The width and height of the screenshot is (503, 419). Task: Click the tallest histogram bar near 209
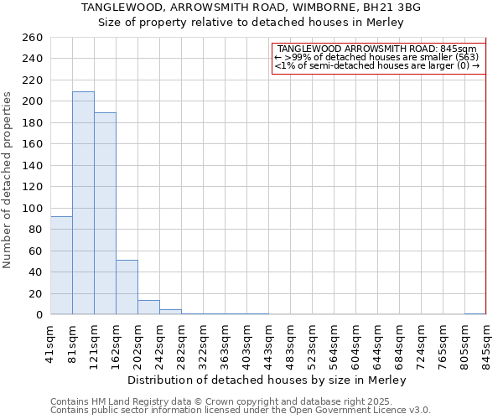click(83, 203)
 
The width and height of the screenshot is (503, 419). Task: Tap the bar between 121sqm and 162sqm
click(105, 213)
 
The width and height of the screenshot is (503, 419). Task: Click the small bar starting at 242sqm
click(170, 312)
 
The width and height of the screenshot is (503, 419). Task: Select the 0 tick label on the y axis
click(39, 314)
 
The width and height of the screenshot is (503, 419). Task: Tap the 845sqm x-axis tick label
click(486, 340)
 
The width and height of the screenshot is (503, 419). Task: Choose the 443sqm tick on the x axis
click(268, 340)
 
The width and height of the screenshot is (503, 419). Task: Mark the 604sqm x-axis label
click(355, 340)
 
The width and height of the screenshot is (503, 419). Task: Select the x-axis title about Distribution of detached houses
click(267, 380)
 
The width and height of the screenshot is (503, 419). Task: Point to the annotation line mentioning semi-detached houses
click(377, 65)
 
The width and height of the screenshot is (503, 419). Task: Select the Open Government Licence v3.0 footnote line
click(241, 411)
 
